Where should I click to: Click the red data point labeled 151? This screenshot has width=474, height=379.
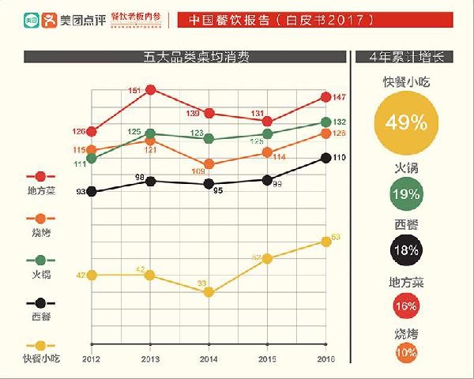pos(150,89)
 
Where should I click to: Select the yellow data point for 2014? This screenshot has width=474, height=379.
pos(209,292)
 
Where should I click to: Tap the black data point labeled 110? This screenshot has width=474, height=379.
pos(325,158)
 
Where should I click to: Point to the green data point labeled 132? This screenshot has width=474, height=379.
pos(325,122)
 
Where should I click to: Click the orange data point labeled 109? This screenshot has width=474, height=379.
pos(209,164)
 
